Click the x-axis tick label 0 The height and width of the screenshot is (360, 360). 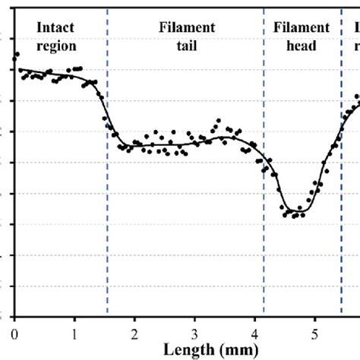pyautogui.click(x=14, y=335)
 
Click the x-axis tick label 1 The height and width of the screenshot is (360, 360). pyautogui.click(x=74, y=335)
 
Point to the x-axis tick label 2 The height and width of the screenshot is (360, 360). pyautogui.click(x=134, y=335)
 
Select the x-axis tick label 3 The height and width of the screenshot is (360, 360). pyautogui.click(x=194, y=335)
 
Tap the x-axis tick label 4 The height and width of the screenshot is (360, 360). pyautogui.click(x=254, y=335)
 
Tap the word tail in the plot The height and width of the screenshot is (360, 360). pyautogui.click(x=187, y=45)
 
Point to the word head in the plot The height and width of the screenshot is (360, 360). pyautogui.click(x=302, y=45)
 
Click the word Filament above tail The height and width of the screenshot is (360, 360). pyautogui.click(x=187, y=28)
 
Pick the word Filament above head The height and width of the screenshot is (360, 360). pyautogui.click(x=302, y=28)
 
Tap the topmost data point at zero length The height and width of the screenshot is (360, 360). pyautogui.click(x=16, y=55)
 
